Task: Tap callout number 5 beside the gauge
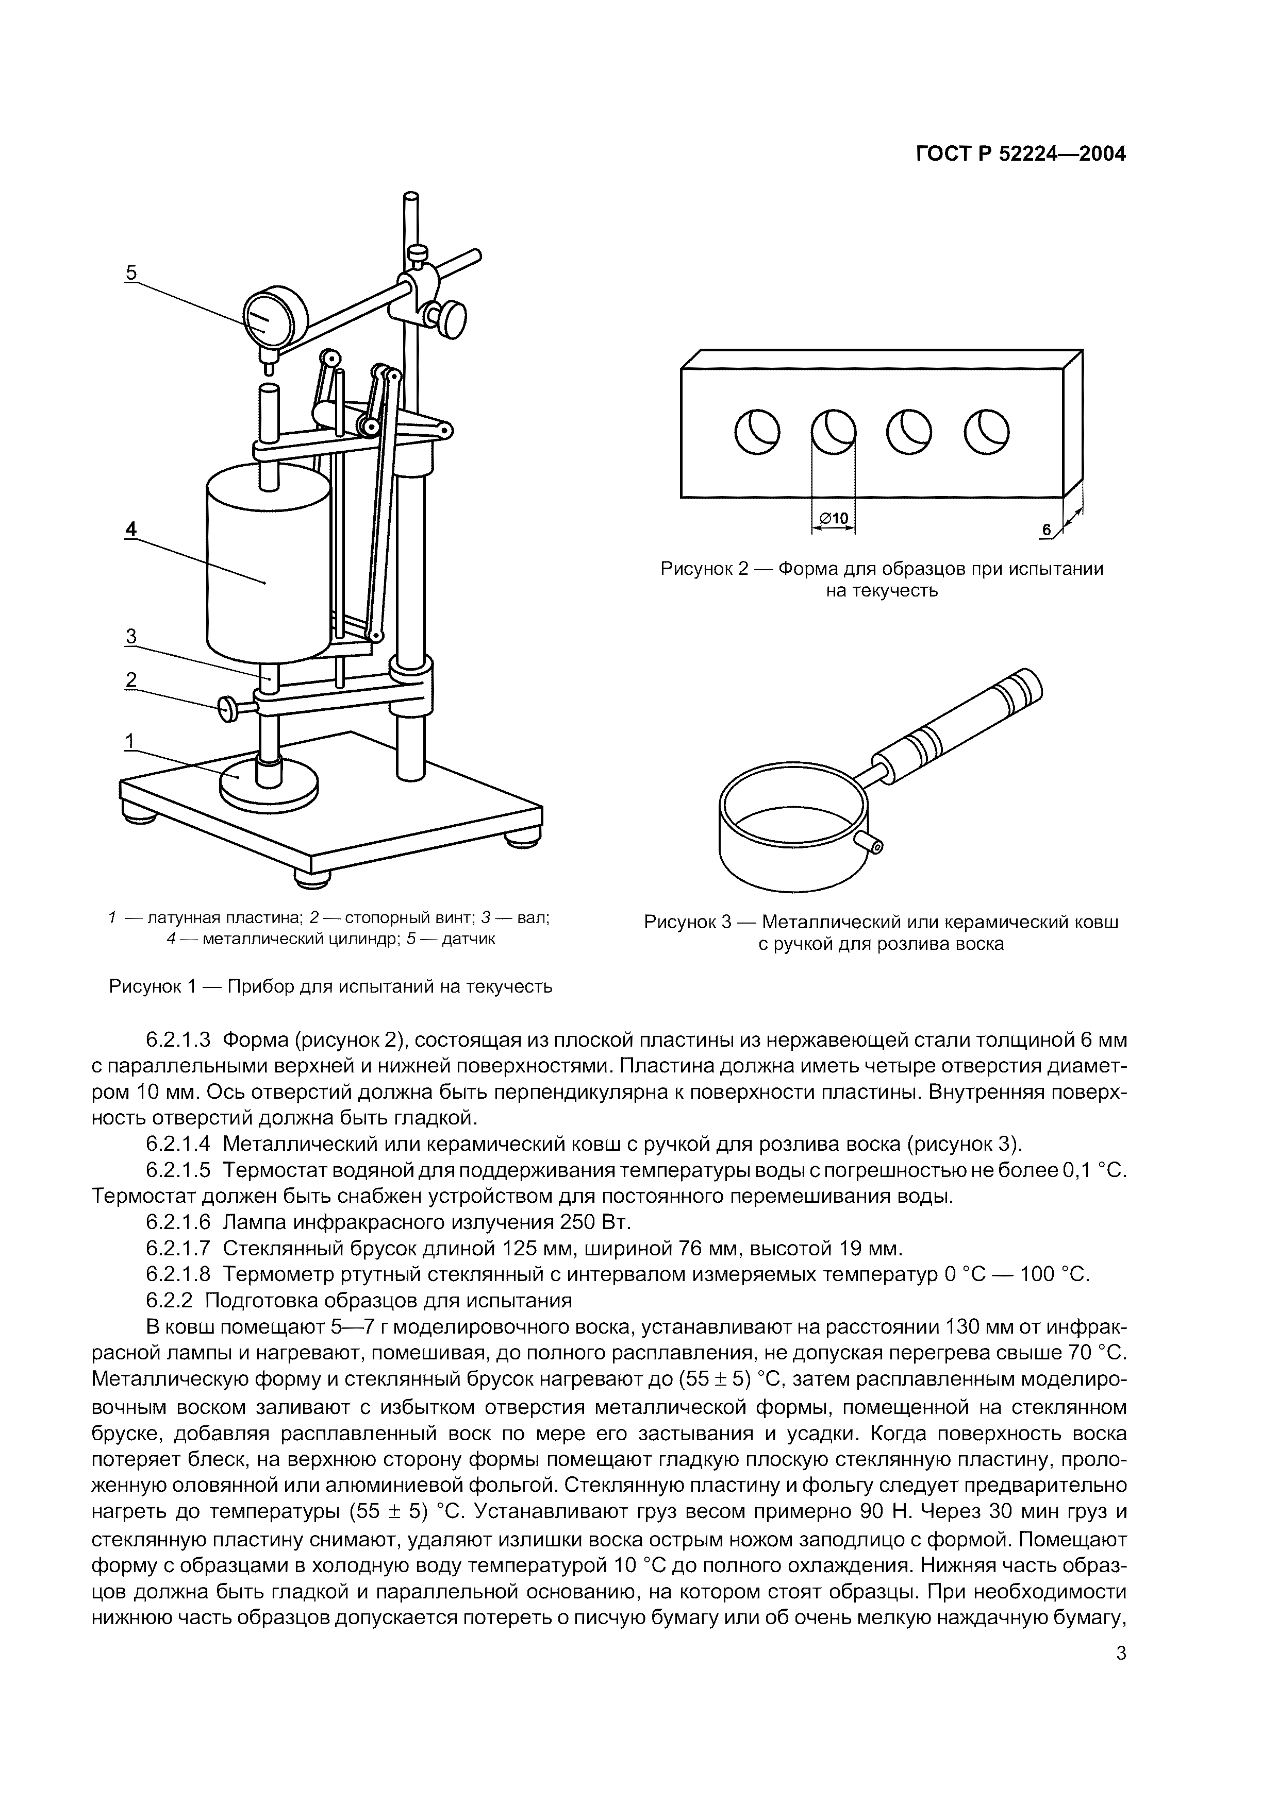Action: pos(131,272)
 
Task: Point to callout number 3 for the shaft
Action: pos(131,637)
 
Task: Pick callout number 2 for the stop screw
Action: pos(131,680)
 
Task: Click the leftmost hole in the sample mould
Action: pos(757,432)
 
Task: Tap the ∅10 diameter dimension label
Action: pos(833,519)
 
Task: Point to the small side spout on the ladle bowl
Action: pos(872,844)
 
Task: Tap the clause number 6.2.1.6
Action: pos(178,1222)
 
